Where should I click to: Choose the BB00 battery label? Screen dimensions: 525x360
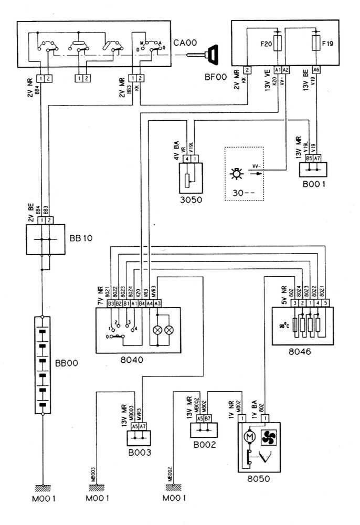pyautogui.click(x=66, y=363)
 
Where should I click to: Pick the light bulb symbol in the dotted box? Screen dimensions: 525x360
pyautogui.click(x=237, y=174)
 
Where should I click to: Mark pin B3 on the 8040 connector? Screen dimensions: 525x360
pyautogui.click(x=111, y=303)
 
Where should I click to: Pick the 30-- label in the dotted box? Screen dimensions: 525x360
pyautogui.click(x=239, y=192)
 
